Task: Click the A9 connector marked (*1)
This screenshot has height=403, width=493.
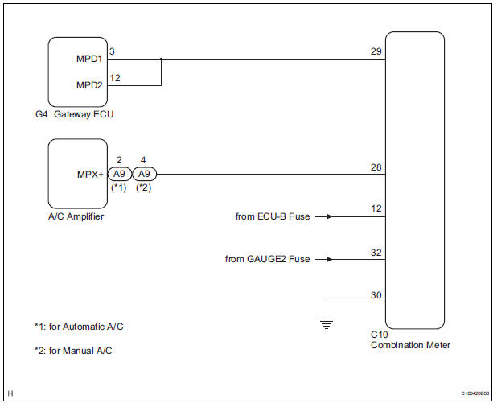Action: pos(119,174)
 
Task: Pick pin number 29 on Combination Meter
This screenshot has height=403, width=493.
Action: pos(376,51)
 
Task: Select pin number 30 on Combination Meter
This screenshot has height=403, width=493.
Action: pos(376,294)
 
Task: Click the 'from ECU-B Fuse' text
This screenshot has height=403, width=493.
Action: pos(272,216)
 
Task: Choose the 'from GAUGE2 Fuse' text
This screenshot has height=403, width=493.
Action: pos(267,259)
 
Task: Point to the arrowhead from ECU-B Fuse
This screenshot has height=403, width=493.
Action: pos(329,216)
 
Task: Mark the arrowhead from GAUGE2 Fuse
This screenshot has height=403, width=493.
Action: pos(329,259)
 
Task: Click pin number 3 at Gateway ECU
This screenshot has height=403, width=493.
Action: pos(112,51)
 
